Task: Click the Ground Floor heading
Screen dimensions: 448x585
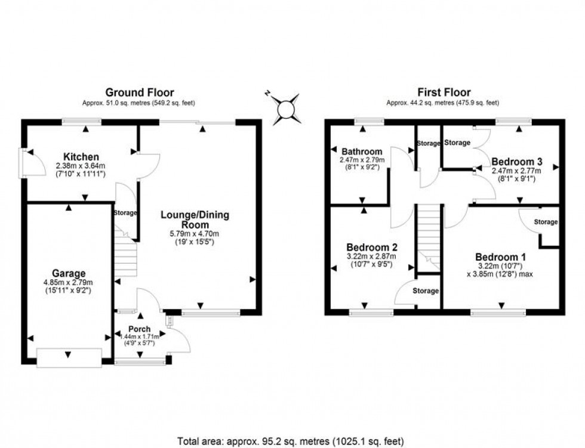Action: pyautogui.click(x=140, y=92)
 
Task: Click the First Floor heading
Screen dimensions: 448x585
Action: pyautogui.click(x=443, y=92)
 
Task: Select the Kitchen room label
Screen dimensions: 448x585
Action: pyautogui.click(x=70, y=156)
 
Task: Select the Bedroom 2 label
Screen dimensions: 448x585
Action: pyautogui.click(x=372, y=247)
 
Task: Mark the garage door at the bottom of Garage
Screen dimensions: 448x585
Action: pyautogui.click(x=67, y=357)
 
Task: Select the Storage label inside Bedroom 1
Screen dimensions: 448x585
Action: pyautogui.click(x=545, y=223)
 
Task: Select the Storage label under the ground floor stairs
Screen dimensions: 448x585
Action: pyautogui.click(x=125, y=213)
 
